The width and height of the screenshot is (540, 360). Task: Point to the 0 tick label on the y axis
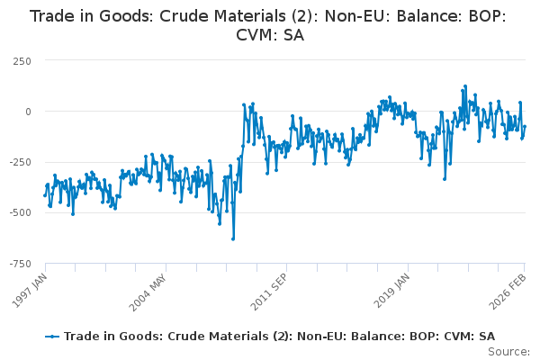click(x=28, y=112)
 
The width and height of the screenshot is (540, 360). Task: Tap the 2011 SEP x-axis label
click(x=270, y=287)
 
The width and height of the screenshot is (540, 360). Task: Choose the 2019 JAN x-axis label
click(x=391, y=287)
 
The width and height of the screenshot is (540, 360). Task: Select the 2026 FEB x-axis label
click(x=510, y=287)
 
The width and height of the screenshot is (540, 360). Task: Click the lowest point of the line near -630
click(x=233, y=238)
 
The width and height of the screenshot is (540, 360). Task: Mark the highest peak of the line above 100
click(x=465, y=86)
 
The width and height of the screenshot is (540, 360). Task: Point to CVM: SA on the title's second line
click(x=270, y=36)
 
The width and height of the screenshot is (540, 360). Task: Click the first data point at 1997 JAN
click(x=45, y=195)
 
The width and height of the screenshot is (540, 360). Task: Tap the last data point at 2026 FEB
click(x=525, y=126)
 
